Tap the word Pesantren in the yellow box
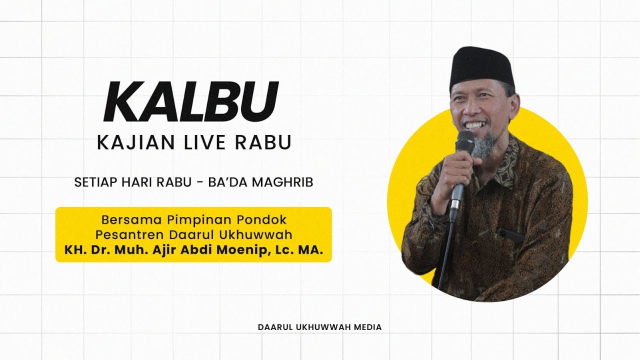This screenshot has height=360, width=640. pos(123,234)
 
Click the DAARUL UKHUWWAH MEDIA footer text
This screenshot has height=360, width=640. pos(319,327)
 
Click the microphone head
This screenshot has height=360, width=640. pos(464,141)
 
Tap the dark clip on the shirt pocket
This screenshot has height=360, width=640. pos(510,234)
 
